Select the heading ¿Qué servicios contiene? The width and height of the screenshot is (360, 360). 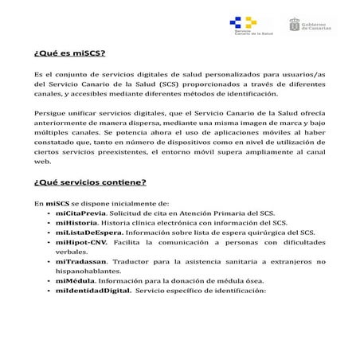(x=89, y=182)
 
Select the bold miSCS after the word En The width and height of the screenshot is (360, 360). (x=57, y=203)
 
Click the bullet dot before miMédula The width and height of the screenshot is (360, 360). (x=49, y=280)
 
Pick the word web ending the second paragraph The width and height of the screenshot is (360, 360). (x=41, y=161)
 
